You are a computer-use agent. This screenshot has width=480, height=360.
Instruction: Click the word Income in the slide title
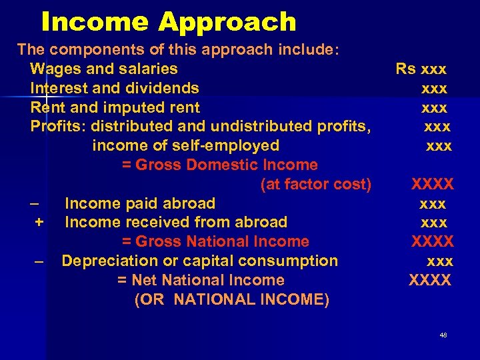pos(95,22)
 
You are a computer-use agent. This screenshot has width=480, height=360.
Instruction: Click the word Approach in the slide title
pos(227,22)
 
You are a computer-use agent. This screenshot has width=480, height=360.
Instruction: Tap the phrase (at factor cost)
pos(316,184)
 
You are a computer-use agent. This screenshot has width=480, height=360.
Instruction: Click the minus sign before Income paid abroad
pos(35,203)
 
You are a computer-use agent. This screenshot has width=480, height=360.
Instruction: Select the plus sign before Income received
pos(39,223)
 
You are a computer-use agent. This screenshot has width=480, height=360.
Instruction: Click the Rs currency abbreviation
pos(405,69)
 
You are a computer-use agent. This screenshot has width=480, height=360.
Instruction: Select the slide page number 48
pos(443,335)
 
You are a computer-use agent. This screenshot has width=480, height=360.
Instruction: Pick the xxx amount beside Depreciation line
pos(440,261)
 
